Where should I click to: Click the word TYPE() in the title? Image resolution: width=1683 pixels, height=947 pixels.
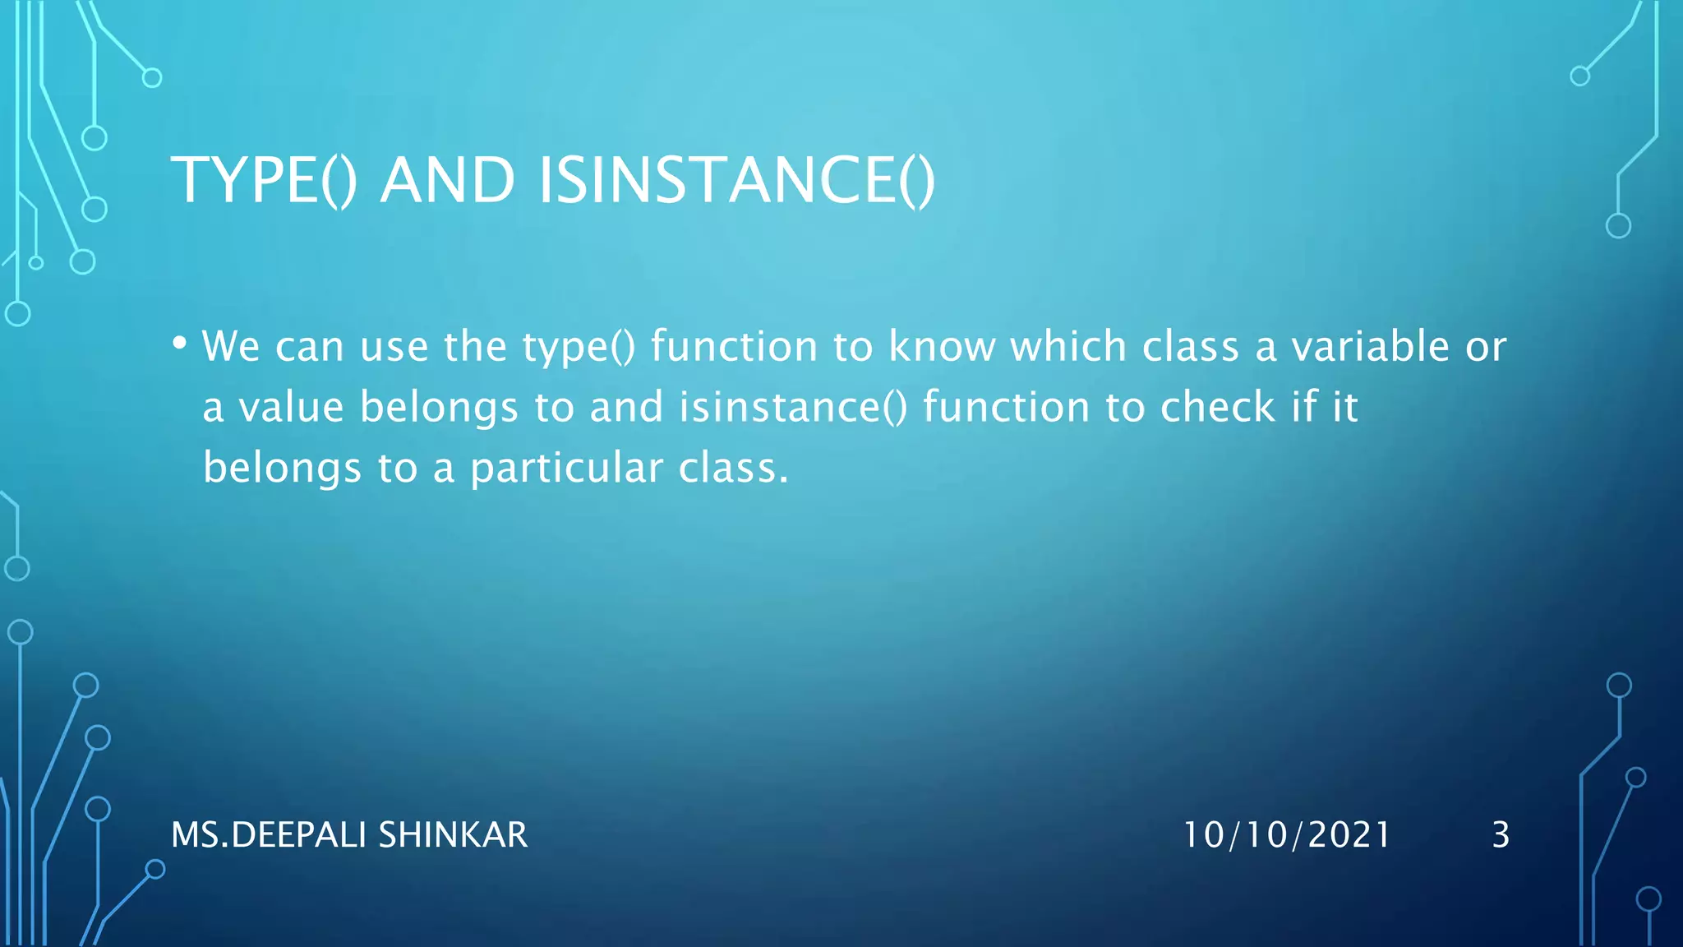[263, 181]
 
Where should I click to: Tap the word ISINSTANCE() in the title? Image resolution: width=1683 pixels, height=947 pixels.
[736, 181]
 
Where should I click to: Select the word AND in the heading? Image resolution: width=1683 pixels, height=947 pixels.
[447, 181]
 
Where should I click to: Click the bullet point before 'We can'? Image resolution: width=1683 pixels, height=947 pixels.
[180, 344]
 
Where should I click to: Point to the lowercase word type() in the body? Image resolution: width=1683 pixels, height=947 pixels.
[579, 347]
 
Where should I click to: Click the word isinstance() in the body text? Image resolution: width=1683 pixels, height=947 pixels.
[793, 408]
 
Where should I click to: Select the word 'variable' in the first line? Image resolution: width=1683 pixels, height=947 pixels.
[1370, 346]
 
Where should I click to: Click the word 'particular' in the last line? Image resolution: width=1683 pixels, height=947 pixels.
[566, 469]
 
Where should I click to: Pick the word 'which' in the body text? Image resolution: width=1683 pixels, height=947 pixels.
[1067, 346]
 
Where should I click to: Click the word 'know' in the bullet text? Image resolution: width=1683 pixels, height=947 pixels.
[941, 346]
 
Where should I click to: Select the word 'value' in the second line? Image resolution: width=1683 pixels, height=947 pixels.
[291, 408]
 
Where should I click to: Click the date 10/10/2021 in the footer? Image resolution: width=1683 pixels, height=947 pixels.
[1286, 835]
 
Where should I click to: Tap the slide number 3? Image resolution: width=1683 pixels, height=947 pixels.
[1501, 835]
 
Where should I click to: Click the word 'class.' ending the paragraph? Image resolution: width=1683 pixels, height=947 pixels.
[733, 469]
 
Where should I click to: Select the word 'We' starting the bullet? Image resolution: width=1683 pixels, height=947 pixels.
[231, 346]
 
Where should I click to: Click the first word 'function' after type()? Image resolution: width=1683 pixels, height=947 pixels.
[734, 346]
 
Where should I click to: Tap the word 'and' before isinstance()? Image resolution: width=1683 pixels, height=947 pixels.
[626, 408]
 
